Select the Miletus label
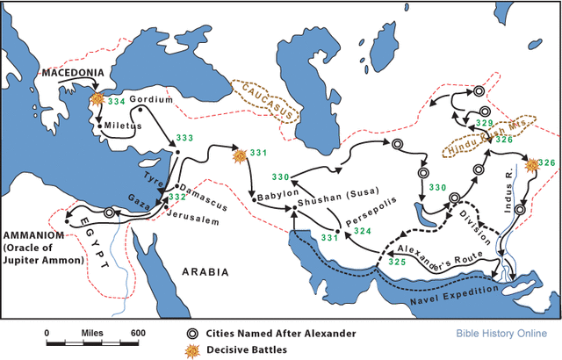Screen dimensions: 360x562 click(x=124, y=125)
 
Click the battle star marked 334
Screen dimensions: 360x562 click(x=98, y=100)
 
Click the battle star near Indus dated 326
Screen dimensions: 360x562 click(x=530, y=164)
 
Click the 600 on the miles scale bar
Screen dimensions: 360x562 click(x=138, y=333)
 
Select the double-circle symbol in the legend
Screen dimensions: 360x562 click(x=191, y=335)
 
